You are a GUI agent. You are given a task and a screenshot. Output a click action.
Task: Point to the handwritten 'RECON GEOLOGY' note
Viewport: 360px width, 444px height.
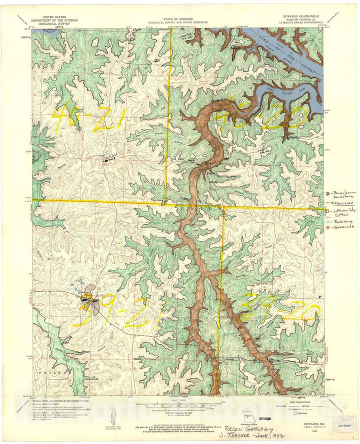point(248,428)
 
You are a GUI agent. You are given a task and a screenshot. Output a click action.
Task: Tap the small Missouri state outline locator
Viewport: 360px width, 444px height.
point(247,416)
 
